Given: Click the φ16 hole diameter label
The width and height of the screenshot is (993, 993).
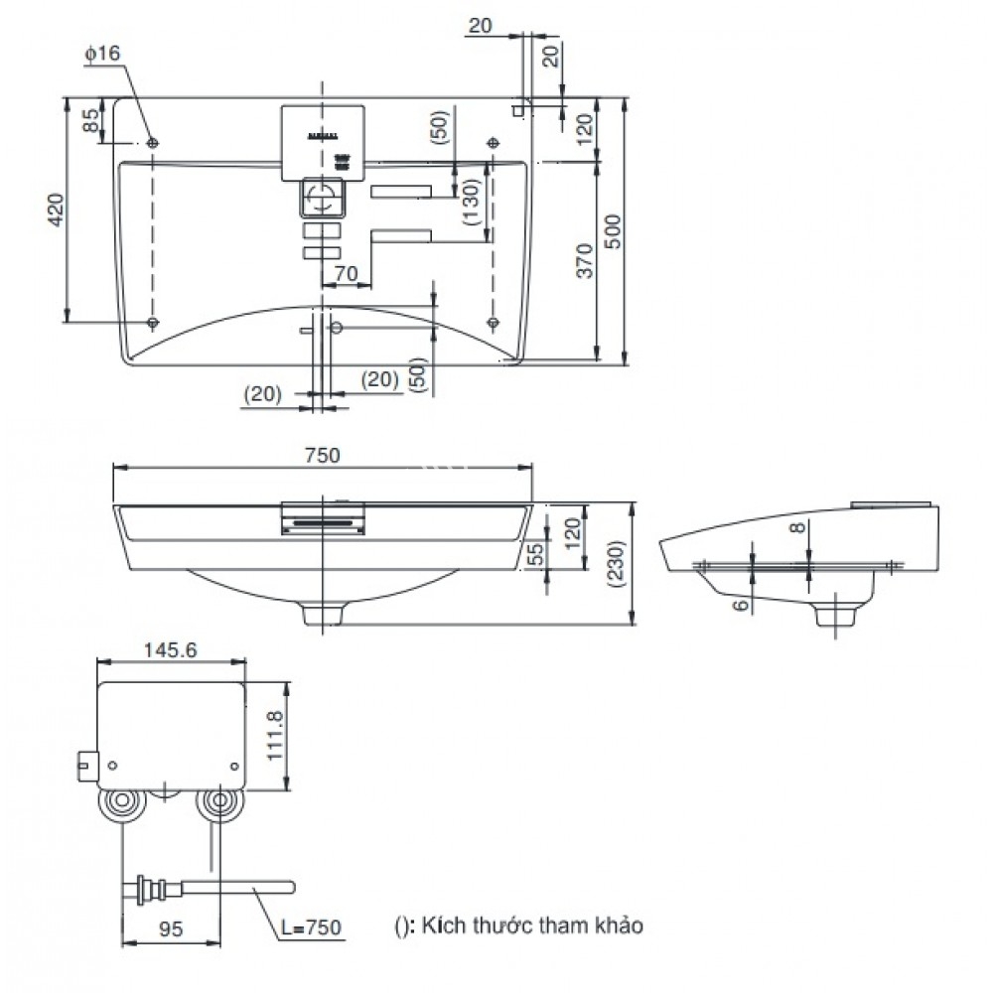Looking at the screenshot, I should click(102, 56).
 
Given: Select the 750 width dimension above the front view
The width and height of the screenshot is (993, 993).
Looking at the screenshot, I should click(323, 455).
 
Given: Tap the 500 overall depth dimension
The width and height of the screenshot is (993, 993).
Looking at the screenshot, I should click(614, 231).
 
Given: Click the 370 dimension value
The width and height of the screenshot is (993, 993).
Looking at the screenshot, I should click(583, 260).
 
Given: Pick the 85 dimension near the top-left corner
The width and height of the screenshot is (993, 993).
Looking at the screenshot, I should click(90, 122).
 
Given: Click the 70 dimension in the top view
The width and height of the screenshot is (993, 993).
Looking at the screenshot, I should click(345, 272).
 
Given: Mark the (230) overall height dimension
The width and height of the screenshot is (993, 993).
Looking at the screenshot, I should click(615, 564).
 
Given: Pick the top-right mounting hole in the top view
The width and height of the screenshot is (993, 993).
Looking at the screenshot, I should click(494, 144).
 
